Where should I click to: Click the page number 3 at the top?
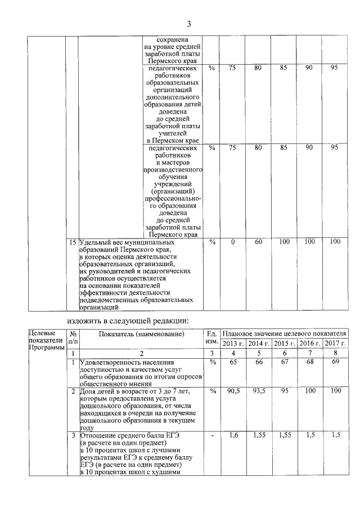click(189, 24)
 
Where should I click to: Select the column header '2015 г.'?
click(284, 344)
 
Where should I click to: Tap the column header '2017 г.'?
click(335, 344)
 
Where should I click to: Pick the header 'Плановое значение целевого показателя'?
click(283, 334)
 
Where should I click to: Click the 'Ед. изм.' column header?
click(212, 338)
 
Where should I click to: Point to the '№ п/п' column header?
click(73, 338)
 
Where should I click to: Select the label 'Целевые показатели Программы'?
click(46, 340)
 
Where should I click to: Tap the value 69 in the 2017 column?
click(335, 363)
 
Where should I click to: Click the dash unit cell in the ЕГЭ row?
click(212, 435)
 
